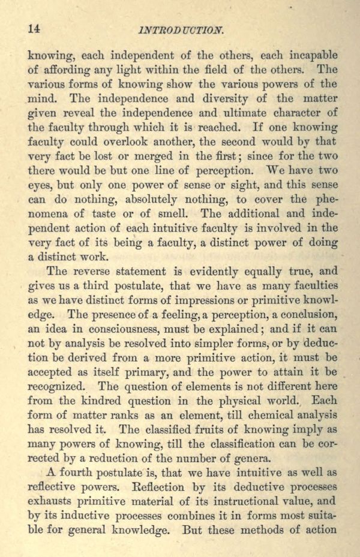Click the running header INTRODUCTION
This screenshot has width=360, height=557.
coord(181,28)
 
